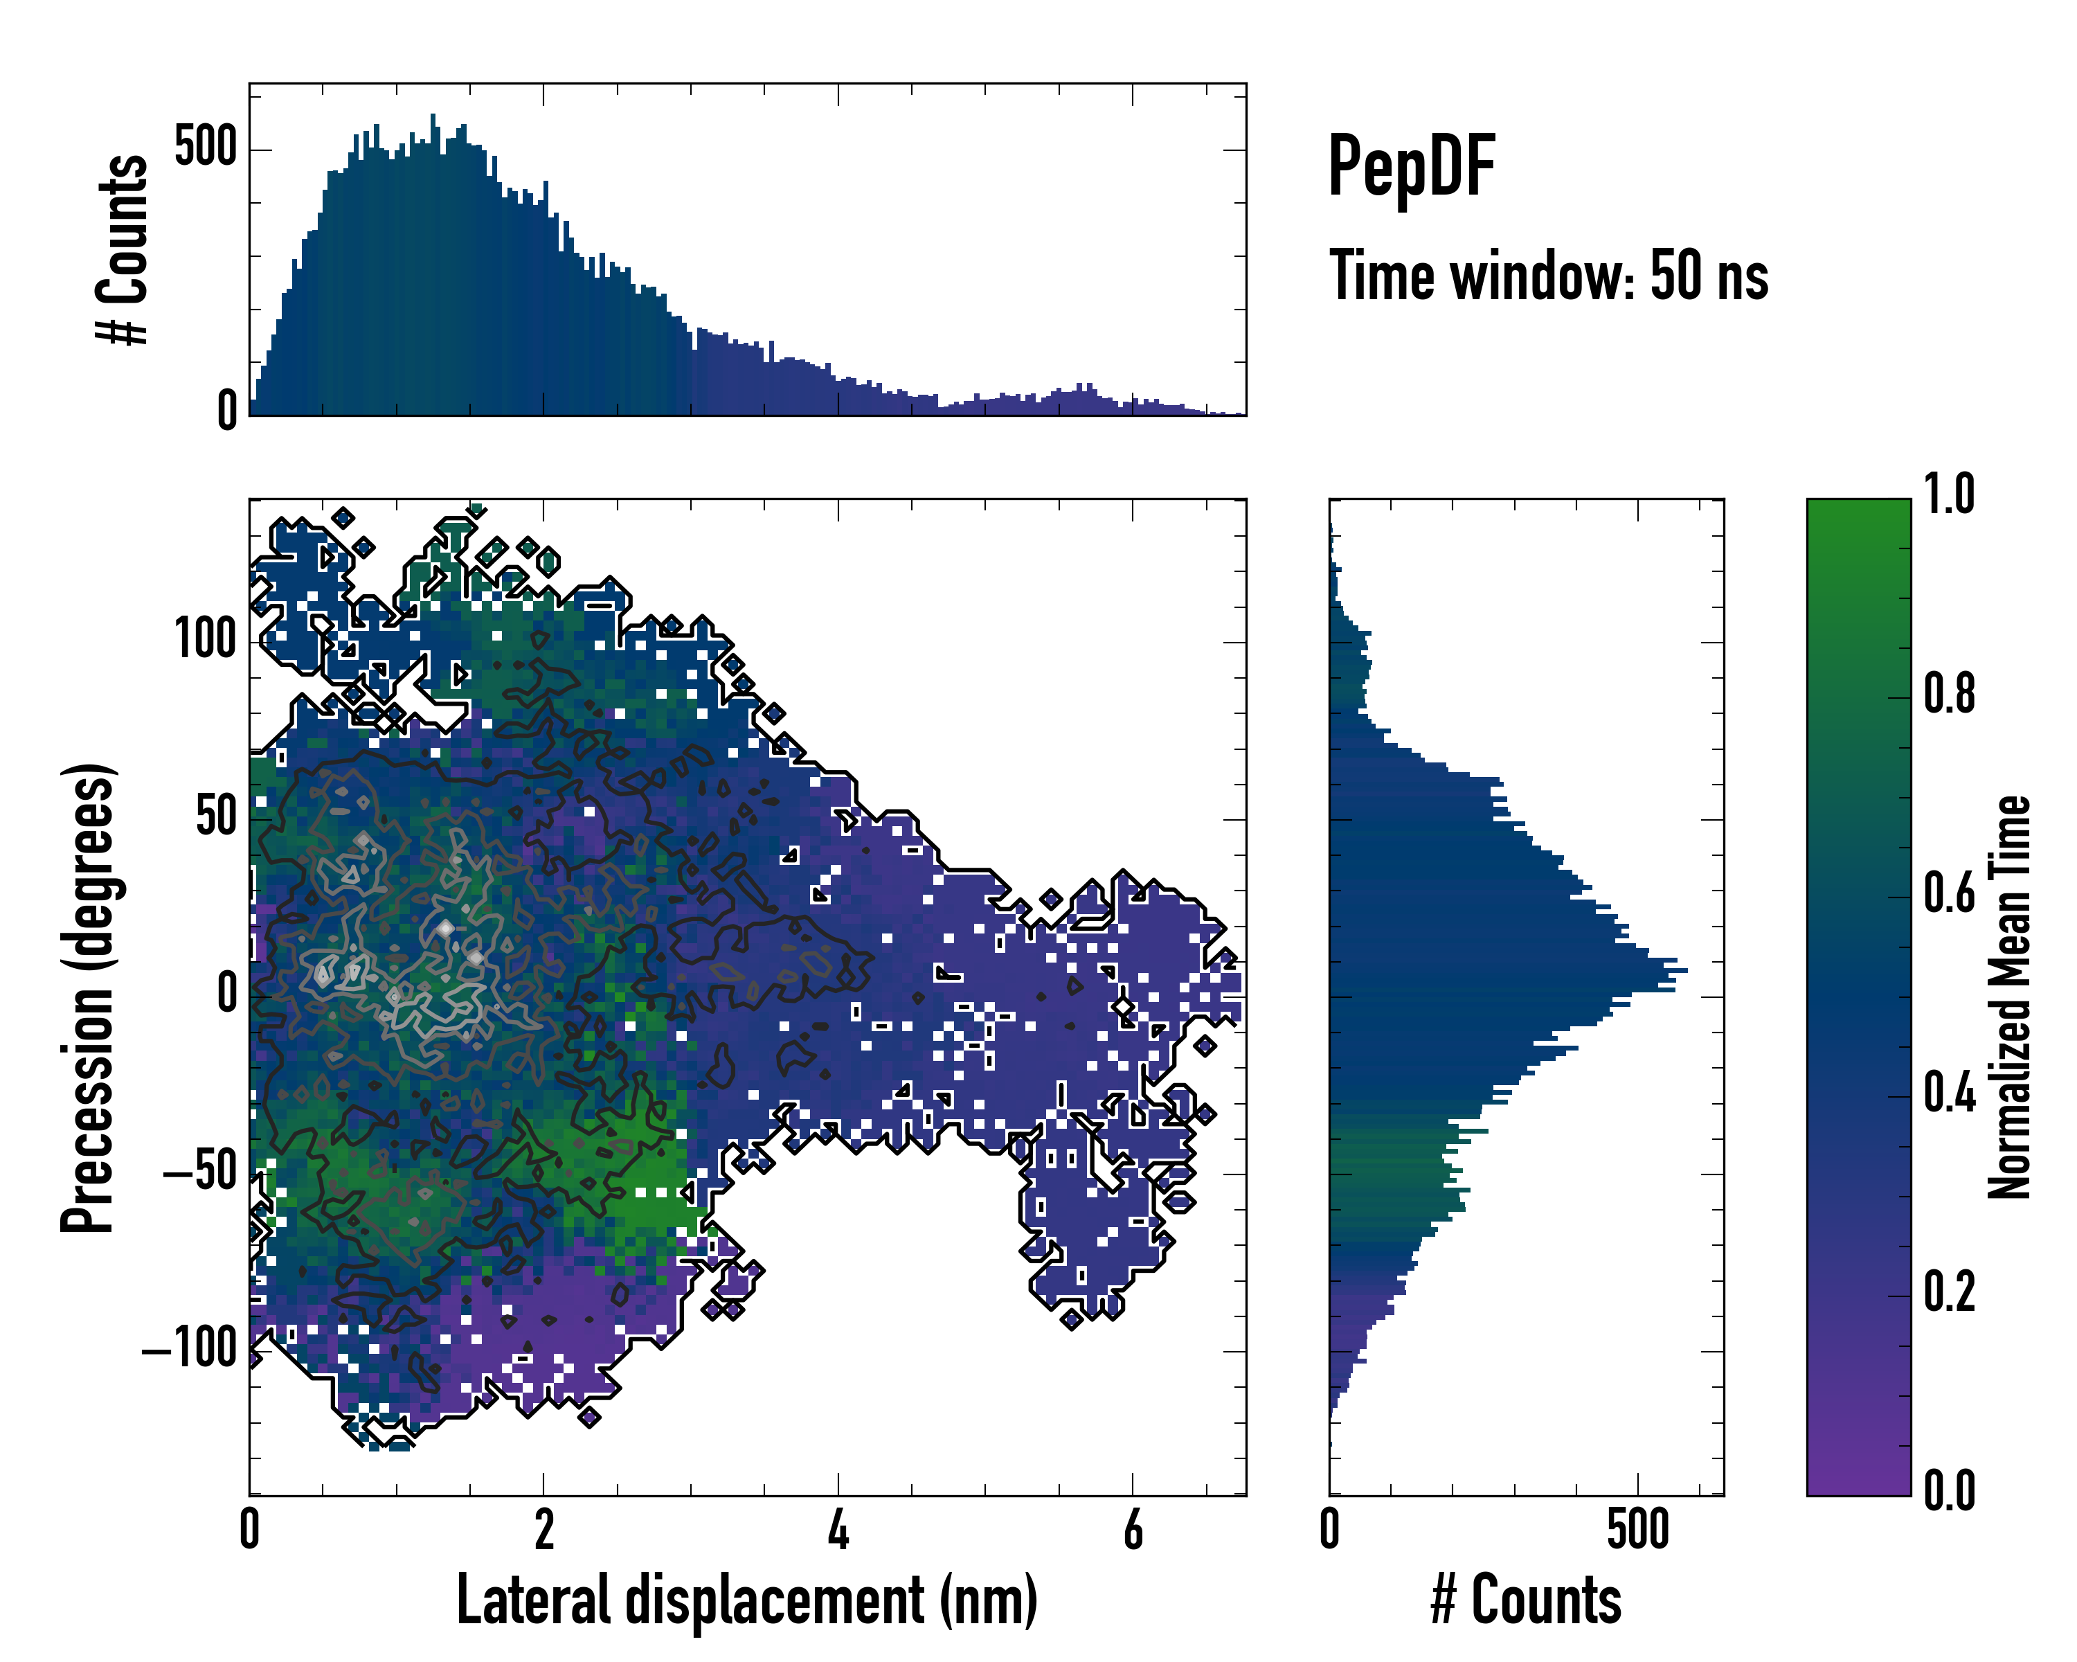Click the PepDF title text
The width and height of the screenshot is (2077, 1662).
click(x=1411, y=168)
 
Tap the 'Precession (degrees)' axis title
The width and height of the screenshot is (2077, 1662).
click(x=89, y=997)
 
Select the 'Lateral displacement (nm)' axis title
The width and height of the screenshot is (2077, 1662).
click(x=746, y=1600)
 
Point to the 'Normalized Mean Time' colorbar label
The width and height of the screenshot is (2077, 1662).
click(x=2008, y=997)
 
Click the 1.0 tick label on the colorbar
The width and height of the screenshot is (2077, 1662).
click(x=1949, y=495)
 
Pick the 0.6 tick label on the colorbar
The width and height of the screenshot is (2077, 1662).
click(x=1949, y=893)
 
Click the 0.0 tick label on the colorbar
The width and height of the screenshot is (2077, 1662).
click(x=1949, y=1490)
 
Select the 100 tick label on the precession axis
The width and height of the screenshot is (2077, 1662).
click(x=205, y=640)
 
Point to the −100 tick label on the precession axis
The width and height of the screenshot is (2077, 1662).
click(x=189, y=1350)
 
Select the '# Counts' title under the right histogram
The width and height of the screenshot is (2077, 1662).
click(x=1526, y=1600)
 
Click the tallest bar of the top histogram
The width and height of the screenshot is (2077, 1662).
click(x=433, y=265)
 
